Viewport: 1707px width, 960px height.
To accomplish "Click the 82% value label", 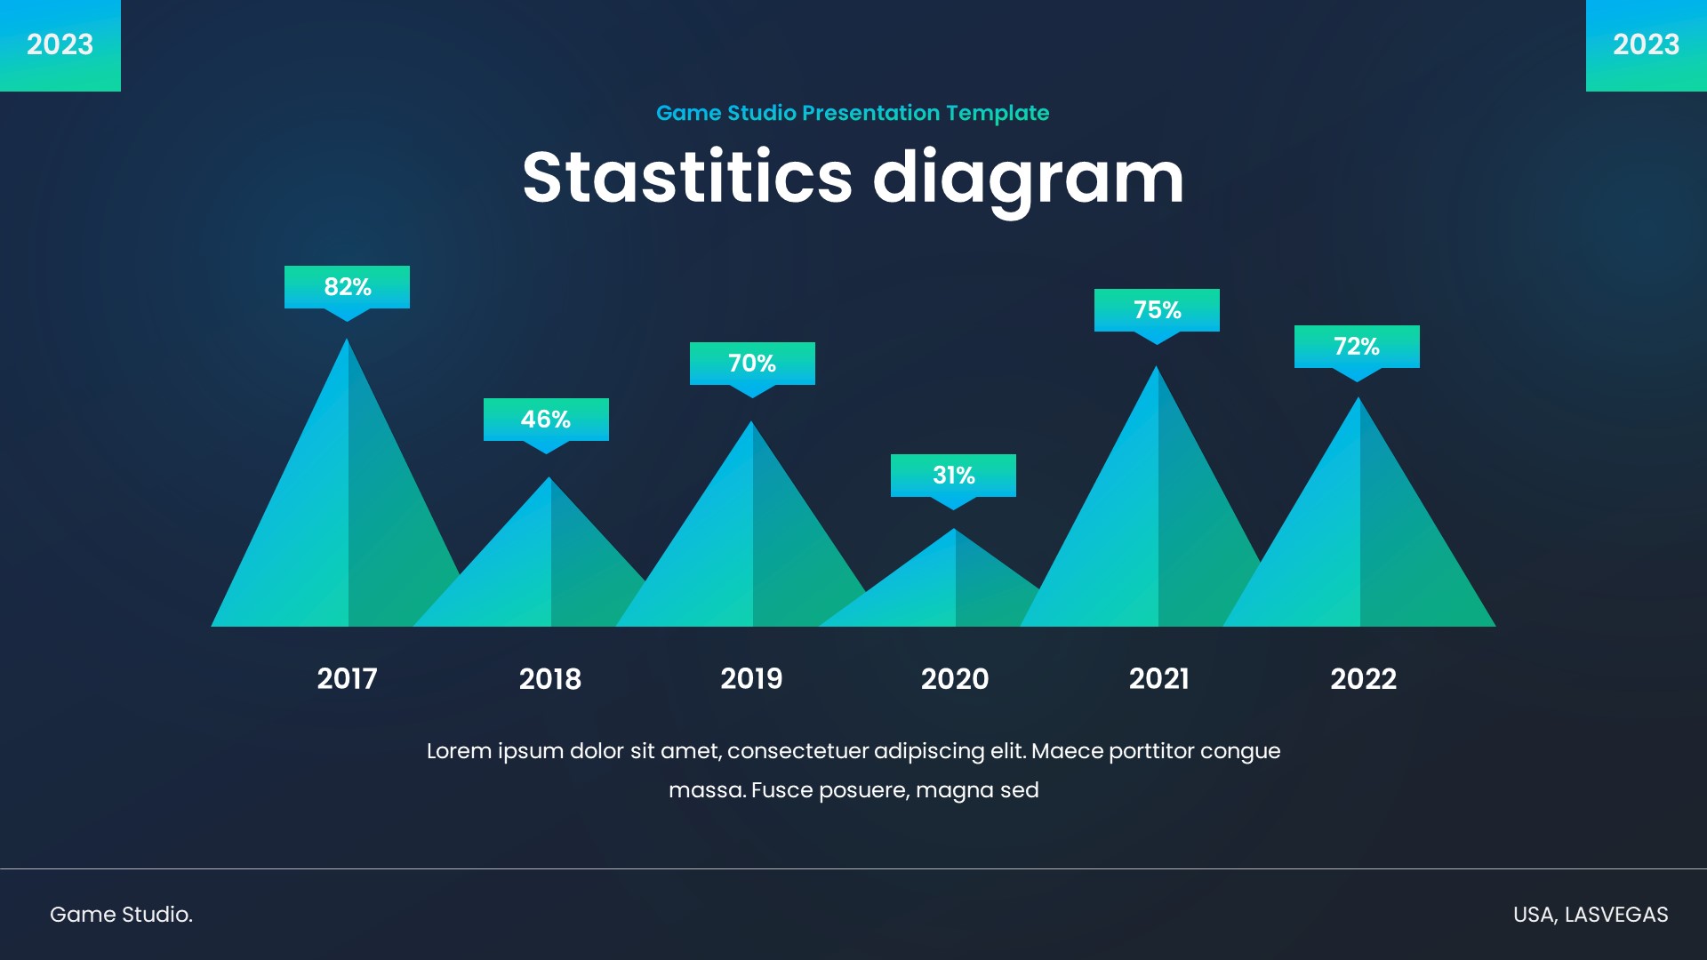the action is [347, 287].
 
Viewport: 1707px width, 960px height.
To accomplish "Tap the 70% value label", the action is [752, 364].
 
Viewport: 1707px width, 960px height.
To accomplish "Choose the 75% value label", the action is [1157, 310].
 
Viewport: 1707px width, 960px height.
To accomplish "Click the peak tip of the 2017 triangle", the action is [347, 339].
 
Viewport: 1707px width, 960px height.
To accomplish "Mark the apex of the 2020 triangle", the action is [954, 529].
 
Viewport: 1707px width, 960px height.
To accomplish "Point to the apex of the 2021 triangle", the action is [1157, 366].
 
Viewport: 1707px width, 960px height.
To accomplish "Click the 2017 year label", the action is [348, 679].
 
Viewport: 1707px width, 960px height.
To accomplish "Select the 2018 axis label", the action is [550, 679].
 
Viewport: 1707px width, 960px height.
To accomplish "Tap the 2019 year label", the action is [751, 679].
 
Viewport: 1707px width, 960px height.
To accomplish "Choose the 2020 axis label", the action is [955, 679].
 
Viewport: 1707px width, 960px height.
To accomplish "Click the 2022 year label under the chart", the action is [1364, 679].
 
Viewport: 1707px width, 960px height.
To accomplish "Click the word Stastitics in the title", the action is [687, 177].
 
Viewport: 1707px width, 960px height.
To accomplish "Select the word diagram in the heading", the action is [1029, 180].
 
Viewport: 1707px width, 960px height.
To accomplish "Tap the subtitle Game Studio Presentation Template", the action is [853, 113].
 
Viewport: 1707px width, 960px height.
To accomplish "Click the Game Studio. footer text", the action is [121, 915].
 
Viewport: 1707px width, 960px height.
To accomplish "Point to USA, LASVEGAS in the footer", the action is [1591, 915].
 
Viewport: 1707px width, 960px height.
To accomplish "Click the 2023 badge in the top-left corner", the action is [60, 44].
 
